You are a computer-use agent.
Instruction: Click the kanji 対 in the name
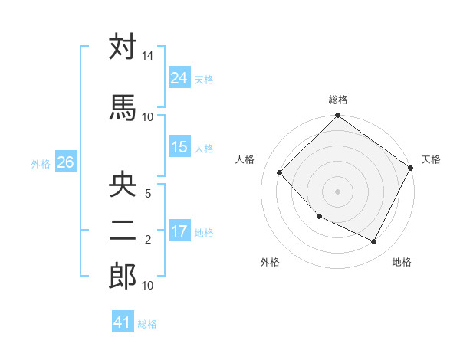123,47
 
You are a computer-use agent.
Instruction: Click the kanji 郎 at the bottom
123,277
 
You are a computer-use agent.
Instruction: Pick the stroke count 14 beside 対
147,57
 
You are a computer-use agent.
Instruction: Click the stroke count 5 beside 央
148,194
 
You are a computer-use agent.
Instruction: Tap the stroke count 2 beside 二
148,240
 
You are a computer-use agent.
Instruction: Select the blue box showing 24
179,77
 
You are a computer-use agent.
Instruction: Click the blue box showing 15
179,147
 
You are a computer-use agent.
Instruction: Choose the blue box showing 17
179,231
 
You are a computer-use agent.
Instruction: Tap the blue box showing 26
65,162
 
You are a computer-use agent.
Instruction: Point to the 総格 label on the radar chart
337,100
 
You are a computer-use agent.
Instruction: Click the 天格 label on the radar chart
431,159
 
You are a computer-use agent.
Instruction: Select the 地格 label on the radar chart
402,262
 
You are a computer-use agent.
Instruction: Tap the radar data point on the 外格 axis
319,217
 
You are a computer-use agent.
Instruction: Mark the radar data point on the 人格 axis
280,172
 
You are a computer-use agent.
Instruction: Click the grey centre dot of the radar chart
337,191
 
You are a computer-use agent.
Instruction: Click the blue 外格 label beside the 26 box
41,163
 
